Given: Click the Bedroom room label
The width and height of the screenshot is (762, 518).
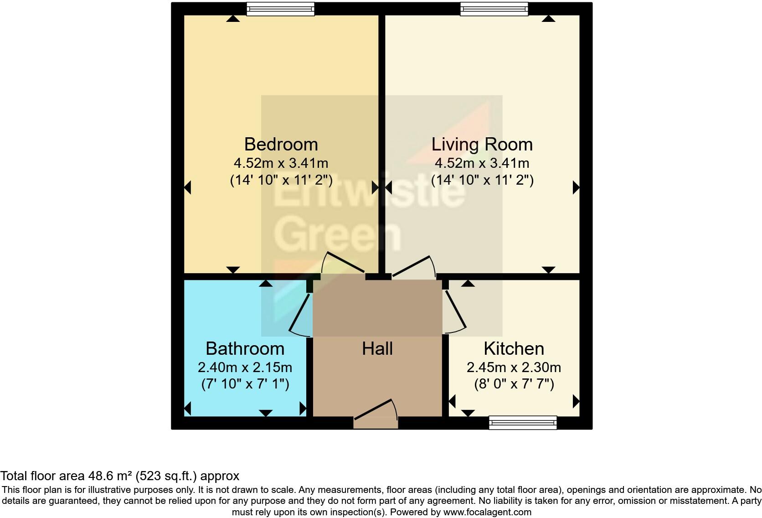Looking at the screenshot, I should (x=281, y=144).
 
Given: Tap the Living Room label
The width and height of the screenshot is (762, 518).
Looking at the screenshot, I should (x=482, y=144).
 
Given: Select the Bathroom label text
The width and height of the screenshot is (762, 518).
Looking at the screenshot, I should (x=245, y=348).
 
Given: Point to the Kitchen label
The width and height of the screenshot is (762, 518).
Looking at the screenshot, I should (x=514, y=348).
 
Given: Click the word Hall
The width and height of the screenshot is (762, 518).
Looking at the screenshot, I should (x=377, y=348).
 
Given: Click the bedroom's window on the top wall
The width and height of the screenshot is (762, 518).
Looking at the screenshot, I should (x=280, y=9).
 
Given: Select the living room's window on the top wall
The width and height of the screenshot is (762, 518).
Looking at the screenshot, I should (x=494, y=9).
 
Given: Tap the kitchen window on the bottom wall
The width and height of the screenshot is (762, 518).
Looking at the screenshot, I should (x=523, y=423).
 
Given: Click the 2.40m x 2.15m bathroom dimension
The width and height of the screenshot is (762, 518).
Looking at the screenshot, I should (x=245, y=367).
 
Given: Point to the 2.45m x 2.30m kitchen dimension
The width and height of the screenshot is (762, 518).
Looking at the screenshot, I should (x=514, y=367).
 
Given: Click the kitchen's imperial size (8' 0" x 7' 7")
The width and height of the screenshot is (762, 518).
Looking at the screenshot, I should (x=514, y=384).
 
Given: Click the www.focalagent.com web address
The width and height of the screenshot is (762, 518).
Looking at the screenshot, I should (x=487, y=512).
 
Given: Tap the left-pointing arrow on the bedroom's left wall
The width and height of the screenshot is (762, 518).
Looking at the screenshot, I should (x=187, y=187).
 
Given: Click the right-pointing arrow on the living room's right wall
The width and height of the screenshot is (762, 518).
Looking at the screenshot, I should (x=576, y=187).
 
